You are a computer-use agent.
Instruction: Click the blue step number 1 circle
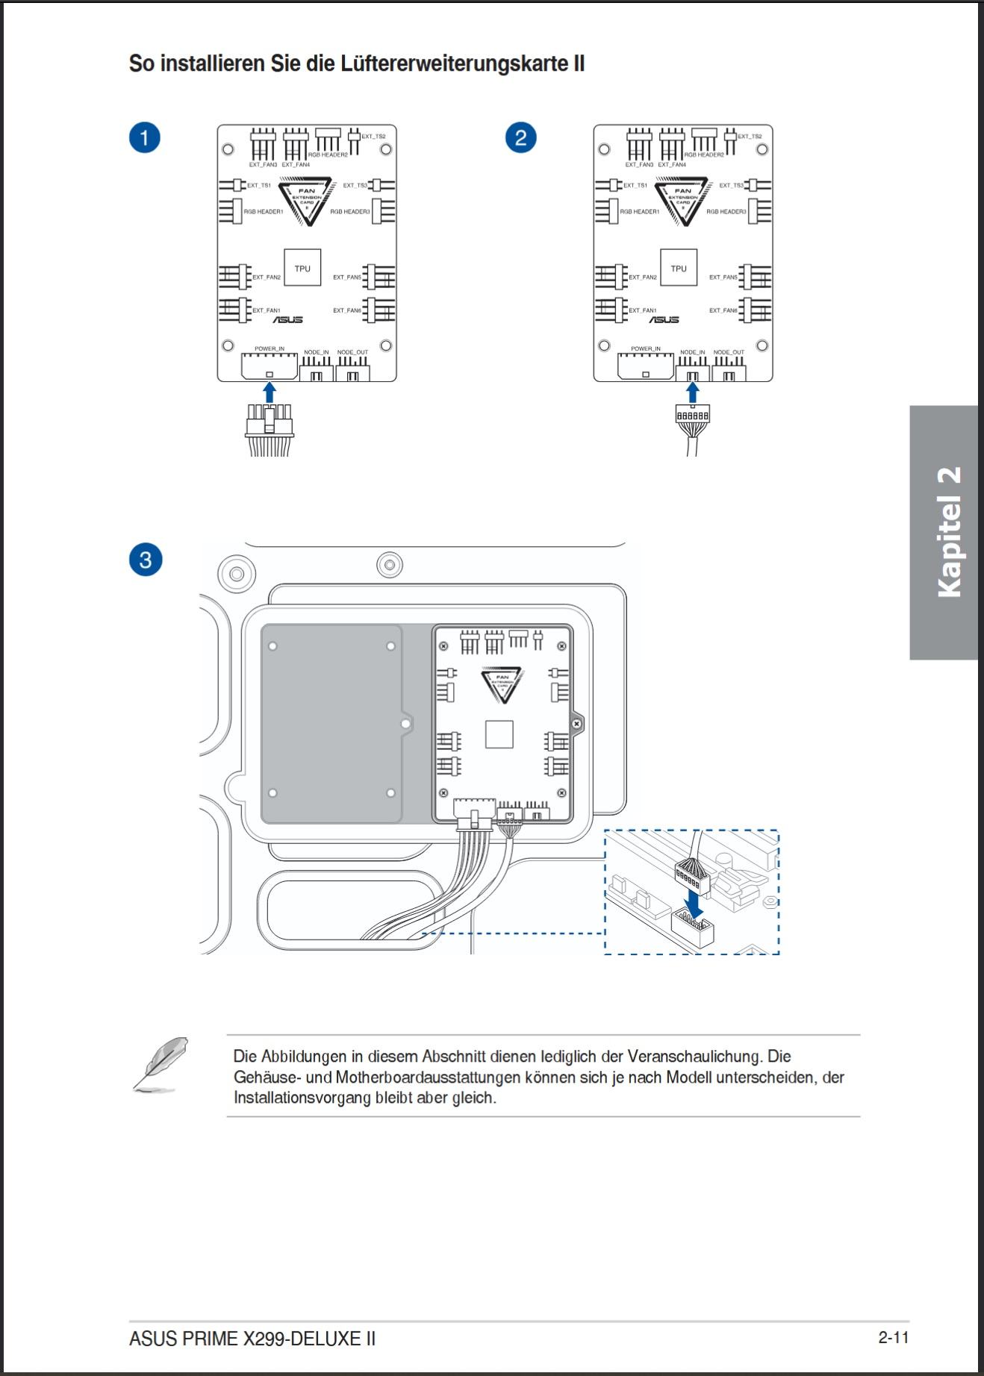145,138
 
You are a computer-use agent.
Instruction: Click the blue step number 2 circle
520,138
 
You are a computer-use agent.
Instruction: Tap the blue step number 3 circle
145,560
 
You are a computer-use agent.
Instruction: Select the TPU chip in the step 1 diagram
302,268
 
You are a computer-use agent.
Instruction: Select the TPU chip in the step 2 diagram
679,268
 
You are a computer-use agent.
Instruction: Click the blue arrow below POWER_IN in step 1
270,393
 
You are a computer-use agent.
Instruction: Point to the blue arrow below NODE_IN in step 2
693,393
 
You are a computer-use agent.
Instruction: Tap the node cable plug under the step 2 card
693,418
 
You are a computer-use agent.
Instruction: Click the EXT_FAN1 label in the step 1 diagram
267,310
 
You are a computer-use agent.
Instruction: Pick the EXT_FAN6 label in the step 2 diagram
723,310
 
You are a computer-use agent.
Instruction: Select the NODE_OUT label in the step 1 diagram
352,352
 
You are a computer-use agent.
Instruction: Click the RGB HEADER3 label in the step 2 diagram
726,212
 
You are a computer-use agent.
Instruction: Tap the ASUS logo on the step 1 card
287,320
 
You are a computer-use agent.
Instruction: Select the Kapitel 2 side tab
944,532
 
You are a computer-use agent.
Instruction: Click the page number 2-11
894,1337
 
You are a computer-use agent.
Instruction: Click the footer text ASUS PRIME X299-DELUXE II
252,1339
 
